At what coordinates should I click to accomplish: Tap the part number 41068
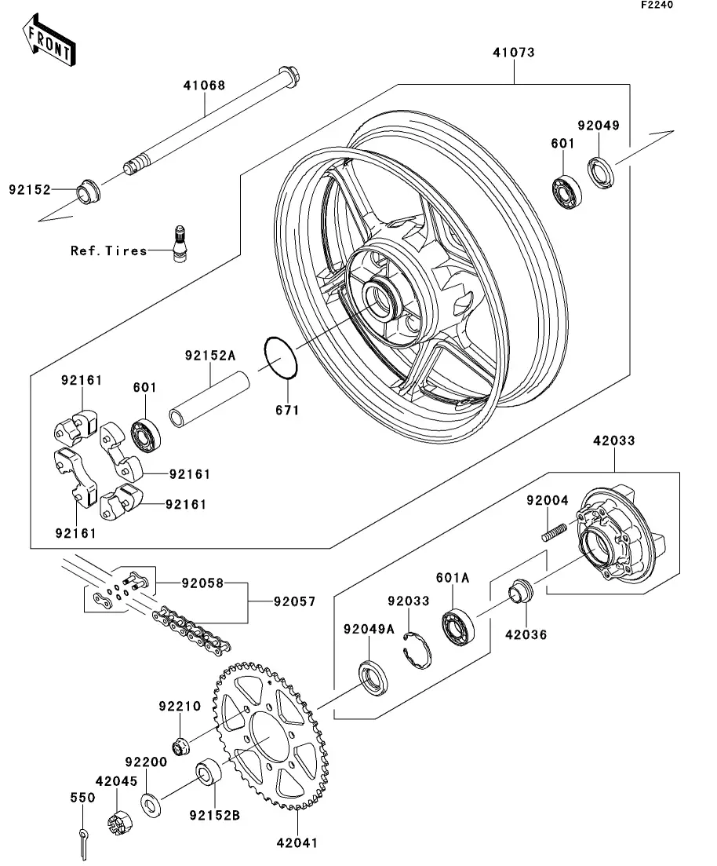[x=204, y=85]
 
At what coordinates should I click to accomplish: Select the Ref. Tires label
[x=109, y=251]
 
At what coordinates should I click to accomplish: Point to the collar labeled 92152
[x=89, y=191]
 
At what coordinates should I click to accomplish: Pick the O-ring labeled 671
[x=281, y=357]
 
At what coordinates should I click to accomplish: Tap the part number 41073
[x=514, y=53]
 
